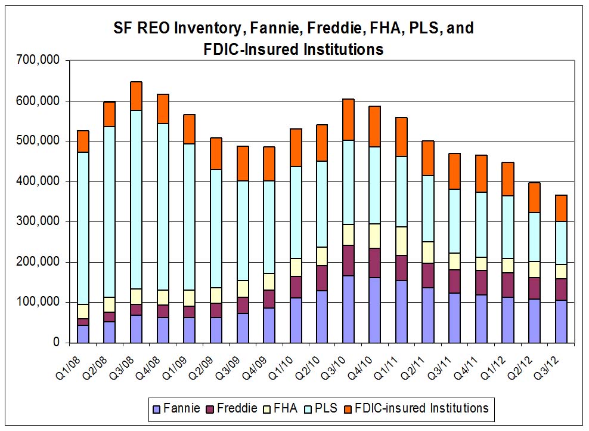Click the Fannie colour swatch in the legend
pyautogui.click(x=157, y=409)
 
